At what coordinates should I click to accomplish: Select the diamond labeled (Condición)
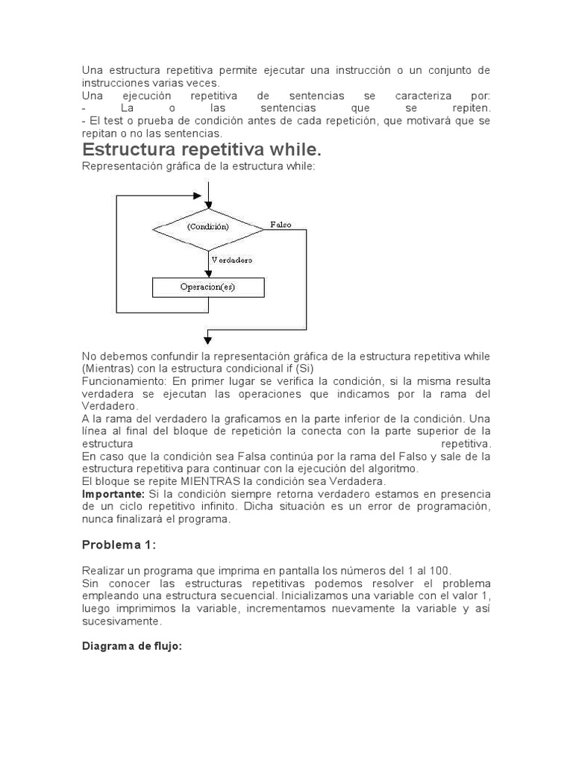coord(208,226)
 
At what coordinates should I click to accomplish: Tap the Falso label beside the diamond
coord(281,224)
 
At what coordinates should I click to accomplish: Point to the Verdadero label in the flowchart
coord(232,260)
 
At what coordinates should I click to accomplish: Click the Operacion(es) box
coord(207,286)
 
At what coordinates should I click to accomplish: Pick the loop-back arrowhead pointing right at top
coord(197,195)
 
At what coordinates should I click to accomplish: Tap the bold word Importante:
coord(113,494)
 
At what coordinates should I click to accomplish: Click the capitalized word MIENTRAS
coord(208,481)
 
